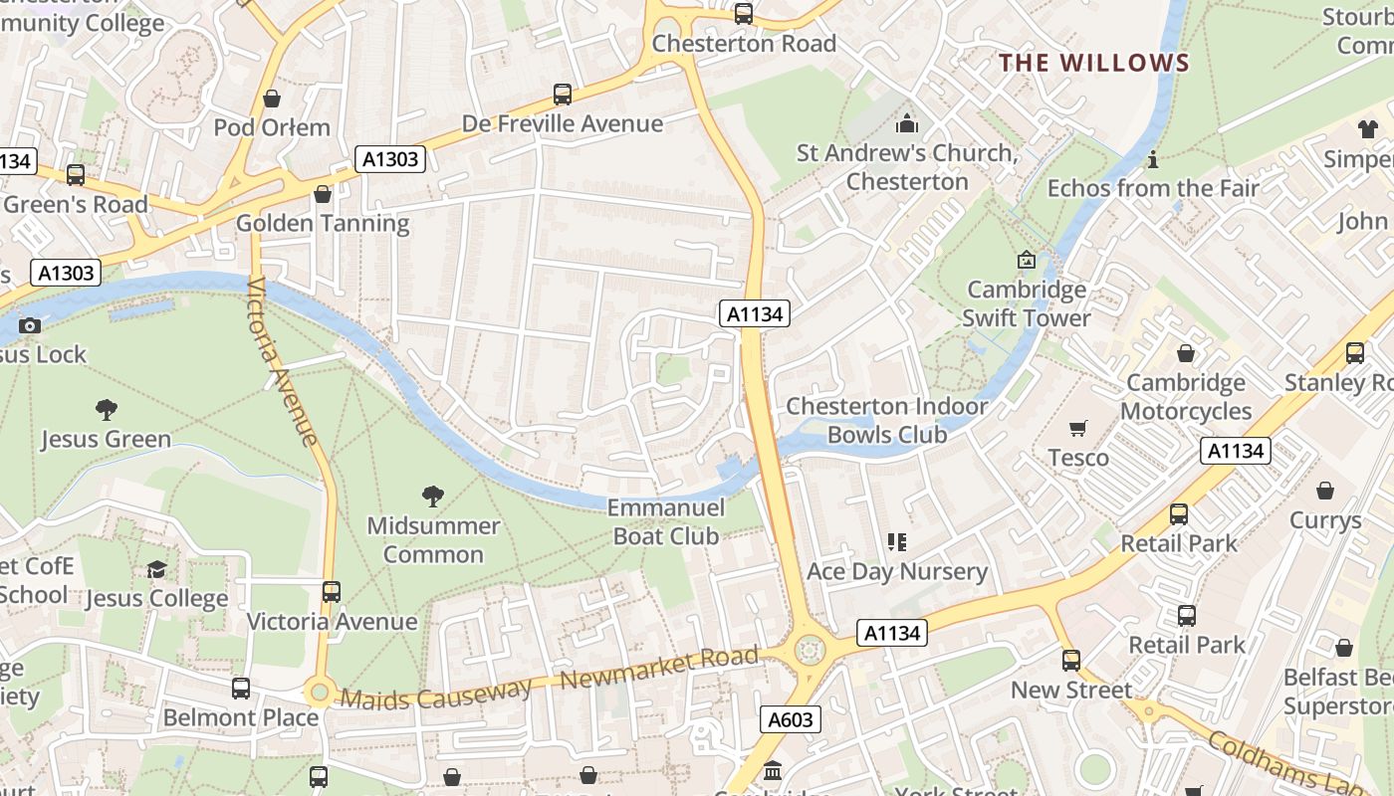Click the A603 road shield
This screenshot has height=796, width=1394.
792,719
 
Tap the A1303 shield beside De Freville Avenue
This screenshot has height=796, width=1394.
391,159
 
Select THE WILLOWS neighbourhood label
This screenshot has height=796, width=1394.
1094,63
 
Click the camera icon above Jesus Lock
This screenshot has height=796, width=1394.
30,325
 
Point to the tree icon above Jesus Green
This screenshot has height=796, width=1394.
106,409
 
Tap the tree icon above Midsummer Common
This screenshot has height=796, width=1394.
432,496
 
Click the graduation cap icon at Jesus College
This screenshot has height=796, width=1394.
156,569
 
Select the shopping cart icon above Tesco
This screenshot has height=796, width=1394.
1077,428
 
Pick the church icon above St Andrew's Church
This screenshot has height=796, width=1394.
906,123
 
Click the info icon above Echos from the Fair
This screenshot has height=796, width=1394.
1153,159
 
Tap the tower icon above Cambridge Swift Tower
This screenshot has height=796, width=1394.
1026,260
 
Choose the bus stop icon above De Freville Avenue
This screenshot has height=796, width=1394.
563,95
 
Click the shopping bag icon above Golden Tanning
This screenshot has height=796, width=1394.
322,194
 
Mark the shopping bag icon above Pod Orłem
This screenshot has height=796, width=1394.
271,99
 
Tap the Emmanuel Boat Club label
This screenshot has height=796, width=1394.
665,521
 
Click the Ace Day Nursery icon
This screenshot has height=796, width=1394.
896,542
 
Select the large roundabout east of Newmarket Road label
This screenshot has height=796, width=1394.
810,650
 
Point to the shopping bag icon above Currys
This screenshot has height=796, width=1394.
1324,491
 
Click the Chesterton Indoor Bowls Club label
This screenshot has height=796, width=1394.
886,420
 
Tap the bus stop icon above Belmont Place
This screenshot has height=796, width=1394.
240,688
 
